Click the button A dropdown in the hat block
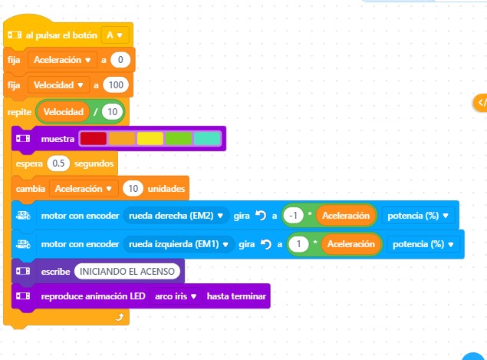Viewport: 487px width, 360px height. [114, 35]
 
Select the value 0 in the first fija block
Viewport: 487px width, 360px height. [119, 59]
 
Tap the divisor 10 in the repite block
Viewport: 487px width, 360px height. [113, 112]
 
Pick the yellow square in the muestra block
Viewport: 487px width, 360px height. [150, 139]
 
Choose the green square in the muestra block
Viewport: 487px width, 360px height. [178, 139]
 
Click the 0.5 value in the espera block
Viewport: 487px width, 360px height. [58, 163]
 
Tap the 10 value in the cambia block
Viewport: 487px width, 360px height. [133, 188]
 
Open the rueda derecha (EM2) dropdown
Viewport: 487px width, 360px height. [176, 215]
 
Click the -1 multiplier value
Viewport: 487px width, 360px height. [292, 215]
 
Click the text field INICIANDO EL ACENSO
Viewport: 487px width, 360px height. [128, 271]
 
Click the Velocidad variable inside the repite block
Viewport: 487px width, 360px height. [63, 112]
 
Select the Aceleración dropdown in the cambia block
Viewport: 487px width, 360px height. [83, 188]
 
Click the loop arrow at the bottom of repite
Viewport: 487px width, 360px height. [118, 316]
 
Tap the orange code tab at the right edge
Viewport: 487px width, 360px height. [481, 102]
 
